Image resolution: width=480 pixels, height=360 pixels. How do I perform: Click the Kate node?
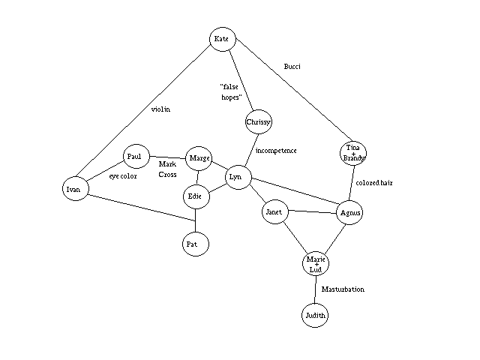click(222, 39)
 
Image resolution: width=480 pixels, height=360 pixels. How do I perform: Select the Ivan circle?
click(73, 189)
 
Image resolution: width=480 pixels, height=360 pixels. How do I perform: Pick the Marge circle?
click(199, 158)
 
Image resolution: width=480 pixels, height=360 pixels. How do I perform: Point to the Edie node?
click(196, 196)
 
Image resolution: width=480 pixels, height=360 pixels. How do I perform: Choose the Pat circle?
click(196, 244)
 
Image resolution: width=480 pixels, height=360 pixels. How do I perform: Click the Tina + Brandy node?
click(353, 154)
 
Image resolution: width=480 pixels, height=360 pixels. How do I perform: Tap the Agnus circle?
click(350, 214)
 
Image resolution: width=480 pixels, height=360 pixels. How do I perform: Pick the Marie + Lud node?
click(315, 264)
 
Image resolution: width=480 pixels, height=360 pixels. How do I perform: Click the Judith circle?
click(315, 316)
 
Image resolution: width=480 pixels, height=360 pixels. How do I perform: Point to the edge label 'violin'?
click(160, 109)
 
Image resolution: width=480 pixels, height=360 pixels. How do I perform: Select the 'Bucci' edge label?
click(292, 67)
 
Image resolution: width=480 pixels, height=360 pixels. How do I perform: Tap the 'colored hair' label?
click(375, 182)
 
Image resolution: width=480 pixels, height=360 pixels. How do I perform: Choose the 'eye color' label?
click(123, 176)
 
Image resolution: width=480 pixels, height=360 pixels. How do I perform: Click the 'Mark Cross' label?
click(168, 169)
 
